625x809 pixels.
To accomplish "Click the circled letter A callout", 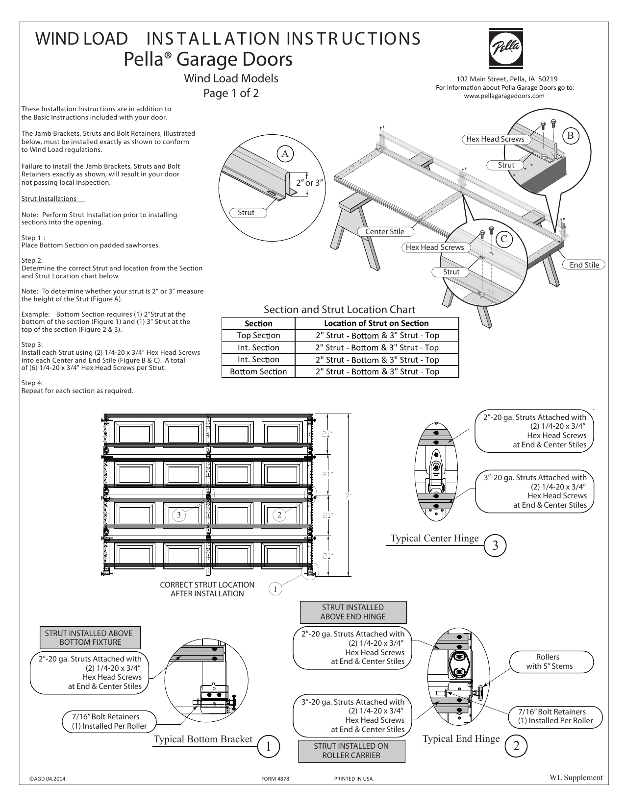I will tap(285, 154).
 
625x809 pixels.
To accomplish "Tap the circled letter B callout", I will tap(570, 136).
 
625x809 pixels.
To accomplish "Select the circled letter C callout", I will tap(503, 239).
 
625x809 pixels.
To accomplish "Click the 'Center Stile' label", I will tap(385, 232).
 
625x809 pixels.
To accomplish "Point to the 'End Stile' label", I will tap(584, 265).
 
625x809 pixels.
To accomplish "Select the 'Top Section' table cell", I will tap(258, 336).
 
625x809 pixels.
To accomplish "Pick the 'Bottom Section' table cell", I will tap(258, 371).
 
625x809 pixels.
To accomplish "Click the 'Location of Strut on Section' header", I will tap(376, 323).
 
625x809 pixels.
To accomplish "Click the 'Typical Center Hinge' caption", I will tap(434, 539).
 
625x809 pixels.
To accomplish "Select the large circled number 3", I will tap(495, 545).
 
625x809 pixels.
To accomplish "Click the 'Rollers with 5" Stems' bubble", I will tap(548, 662).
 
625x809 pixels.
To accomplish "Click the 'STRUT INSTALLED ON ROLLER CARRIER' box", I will tap(351, 751).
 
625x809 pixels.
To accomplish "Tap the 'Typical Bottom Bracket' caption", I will tap(203, 739).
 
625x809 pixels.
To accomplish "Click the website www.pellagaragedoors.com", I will tap(504, 96).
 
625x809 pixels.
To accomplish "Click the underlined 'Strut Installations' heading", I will tap(49, 199).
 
